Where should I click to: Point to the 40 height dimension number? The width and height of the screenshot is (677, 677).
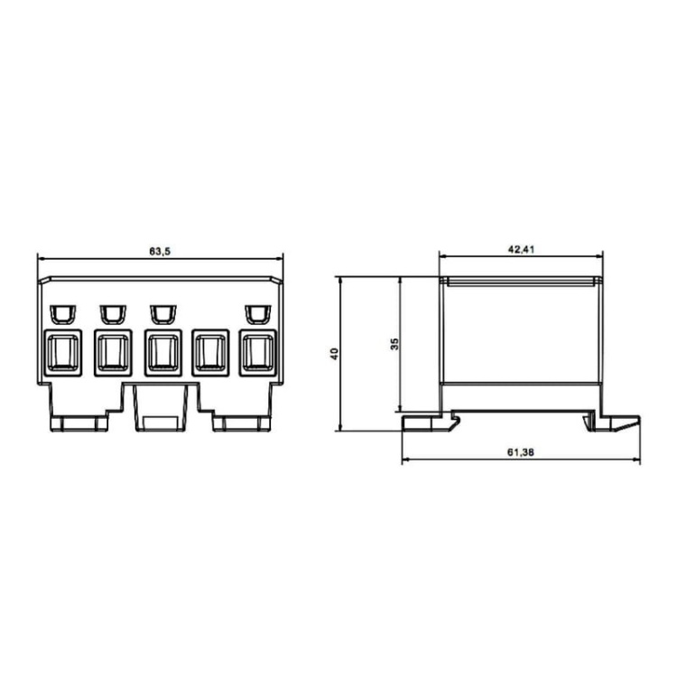click(334, 354)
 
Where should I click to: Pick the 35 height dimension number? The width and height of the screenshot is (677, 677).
click(394, 344)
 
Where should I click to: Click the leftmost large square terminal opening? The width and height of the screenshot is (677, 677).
click(61, 354)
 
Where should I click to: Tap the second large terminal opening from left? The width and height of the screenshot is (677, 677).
click(111, 354)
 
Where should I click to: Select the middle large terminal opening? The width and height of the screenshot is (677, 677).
click(161, 354)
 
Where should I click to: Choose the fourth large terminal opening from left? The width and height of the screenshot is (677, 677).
click(210, 354)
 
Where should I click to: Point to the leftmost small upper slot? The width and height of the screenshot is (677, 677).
click(61, 313)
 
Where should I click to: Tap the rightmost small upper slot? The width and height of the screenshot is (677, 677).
click(256, 313)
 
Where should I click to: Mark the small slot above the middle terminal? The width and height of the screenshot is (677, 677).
click(162, 313)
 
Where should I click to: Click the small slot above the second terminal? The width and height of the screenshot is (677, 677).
click(111, 313)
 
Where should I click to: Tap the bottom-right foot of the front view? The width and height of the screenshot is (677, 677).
click(242, 422)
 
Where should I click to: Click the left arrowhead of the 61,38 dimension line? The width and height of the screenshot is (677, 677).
click(403, 460)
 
